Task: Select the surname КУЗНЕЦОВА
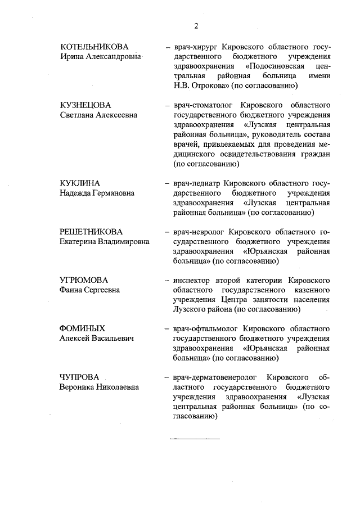coord(85,105)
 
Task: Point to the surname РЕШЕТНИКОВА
coord(91,231)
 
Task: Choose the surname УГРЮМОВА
coord(84,280)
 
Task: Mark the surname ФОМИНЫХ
coord(83,328)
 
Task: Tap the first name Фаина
coord(73,290)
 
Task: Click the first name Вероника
coord(78,386)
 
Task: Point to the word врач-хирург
coord(196,47)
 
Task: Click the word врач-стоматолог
coord(205,105)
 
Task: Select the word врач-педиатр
coord(198,183)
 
